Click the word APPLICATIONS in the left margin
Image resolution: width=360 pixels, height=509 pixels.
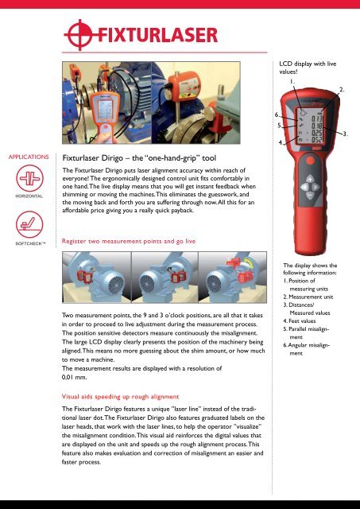[x=27, y=157]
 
